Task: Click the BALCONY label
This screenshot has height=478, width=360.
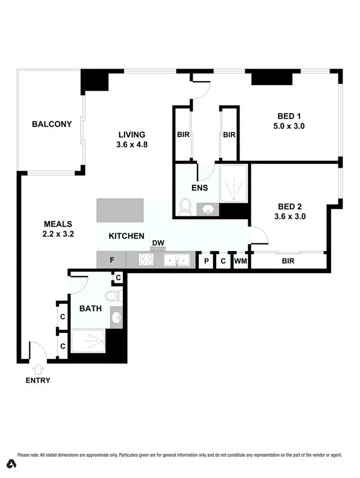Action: (x=52, y=124)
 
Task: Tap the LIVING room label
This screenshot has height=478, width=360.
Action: (x=132, y=135)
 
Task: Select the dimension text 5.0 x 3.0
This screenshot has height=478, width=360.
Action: (x=289, y=126)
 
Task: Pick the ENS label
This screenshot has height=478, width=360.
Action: (x=200, y=188)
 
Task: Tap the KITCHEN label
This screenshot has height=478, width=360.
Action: (x=126, y=236)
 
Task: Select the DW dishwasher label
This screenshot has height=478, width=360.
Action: (x=158, y=244)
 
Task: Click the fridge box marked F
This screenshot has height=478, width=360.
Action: (x=112, y=261)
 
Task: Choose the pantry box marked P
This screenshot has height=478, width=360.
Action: (x=207, y=261)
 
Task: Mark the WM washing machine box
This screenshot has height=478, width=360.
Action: (x=240, y=261)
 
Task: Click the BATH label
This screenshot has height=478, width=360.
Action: (x=90, y=309)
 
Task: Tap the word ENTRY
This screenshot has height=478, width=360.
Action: (x=38, y=381)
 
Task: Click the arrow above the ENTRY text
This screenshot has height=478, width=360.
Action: (x=38, y=369)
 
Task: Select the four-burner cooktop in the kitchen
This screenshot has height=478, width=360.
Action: (x=147, y=260)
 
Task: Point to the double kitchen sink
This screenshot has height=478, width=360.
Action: (x=177, y=260)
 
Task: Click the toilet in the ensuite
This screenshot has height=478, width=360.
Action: (x=184, y=208)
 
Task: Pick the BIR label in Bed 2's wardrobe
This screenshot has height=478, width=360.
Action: (x=288, y=261)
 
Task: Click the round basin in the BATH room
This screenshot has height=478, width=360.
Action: (x=116, y=317)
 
